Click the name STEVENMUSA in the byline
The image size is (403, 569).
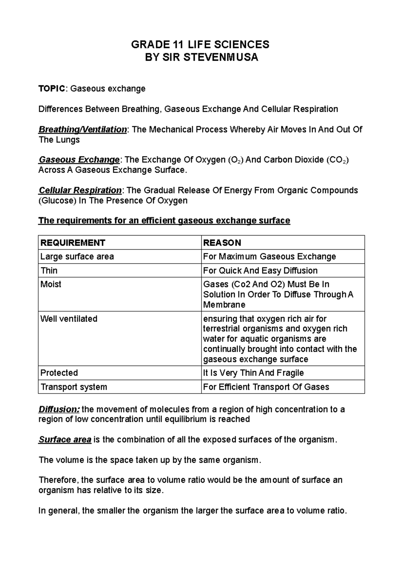(x=221, y=57)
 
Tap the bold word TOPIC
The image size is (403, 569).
(x=52, y=89)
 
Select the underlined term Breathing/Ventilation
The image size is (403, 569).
(x=83, y=130)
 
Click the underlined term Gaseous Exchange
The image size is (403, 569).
(x=79, y=160)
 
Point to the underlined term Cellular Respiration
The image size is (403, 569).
(x=80, y=190)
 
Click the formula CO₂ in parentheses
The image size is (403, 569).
(x=338, y=160)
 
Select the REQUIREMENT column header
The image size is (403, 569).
(x=73, y=243)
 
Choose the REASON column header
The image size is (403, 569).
(x=222, y=243)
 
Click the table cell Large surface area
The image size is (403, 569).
(x=77, y=257)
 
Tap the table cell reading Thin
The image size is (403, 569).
(x=49, y=270)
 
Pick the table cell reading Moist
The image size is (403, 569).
(x=51, y=284)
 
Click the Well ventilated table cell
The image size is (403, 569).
(x=69, y=319)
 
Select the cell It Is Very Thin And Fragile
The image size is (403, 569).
(x=253, y=373)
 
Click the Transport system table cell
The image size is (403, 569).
(x=74, y=387)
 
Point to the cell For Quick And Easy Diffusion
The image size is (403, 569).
(x=260, y=270)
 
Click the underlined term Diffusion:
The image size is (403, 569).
(x=59, y=409)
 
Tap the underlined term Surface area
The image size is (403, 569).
(x=65, y=439)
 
